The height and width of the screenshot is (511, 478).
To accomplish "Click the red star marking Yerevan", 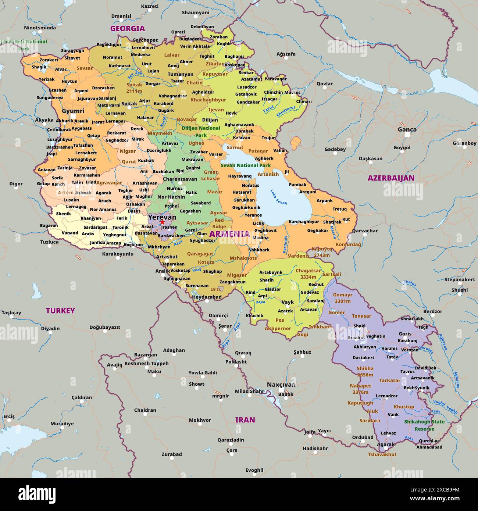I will pyautogui.click(x=162, y=222).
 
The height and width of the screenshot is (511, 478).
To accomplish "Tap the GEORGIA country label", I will pyautogui.click(x=128, y=28).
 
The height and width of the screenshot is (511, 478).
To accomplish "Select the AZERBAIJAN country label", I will pyautogui.click(x=391, y=178).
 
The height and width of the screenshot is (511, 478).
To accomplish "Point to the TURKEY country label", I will pyautogui.click(x=60, y=311).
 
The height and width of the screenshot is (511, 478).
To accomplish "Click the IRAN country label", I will pyautogui.click(x=245, y=420).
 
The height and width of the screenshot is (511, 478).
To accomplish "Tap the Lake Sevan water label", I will pyautogui.click(x=279, y=197).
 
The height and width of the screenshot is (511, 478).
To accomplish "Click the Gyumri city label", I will pyautogui.click(x=73, y=111).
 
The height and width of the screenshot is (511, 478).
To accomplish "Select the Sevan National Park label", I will pyautogui.click(x=245, y=165).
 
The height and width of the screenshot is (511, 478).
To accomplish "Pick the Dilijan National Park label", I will pyautogui.click(x=201, y=132).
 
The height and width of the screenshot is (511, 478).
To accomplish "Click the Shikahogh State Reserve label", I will pyautogui.click(x=424, y=425).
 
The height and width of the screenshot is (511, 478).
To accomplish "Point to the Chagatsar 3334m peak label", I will pyautogui.click(x=308, y=274).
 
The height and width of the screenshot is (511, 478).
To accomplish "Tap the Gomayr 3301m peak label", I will pyautogui.click(x=342, y=298).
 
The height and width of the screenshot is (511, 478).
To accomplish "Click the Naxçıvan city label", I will pyautogui.click(x=281, y=385).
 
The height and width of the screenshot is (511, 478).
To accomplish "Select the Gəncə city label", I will pyautogui.click(x=407, y=129).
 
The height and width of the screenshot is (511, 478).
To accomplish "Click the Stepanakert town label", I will pyautogui.click(x=459, y=279).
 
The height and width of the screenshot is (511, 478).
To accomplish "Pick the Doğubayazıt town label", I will pyautogui.click(x=105, y=327).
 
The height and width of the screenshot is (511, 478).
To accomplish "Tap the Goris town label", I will pyautogui.click(x=405, y=334).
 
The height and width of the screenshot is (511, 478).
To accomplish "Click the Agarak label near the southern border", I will pyautogui.click(x=386, y=444).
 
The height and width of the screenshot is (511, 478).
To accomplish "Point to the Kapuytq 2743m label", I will pyautogui.click(x=322, y=252).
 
